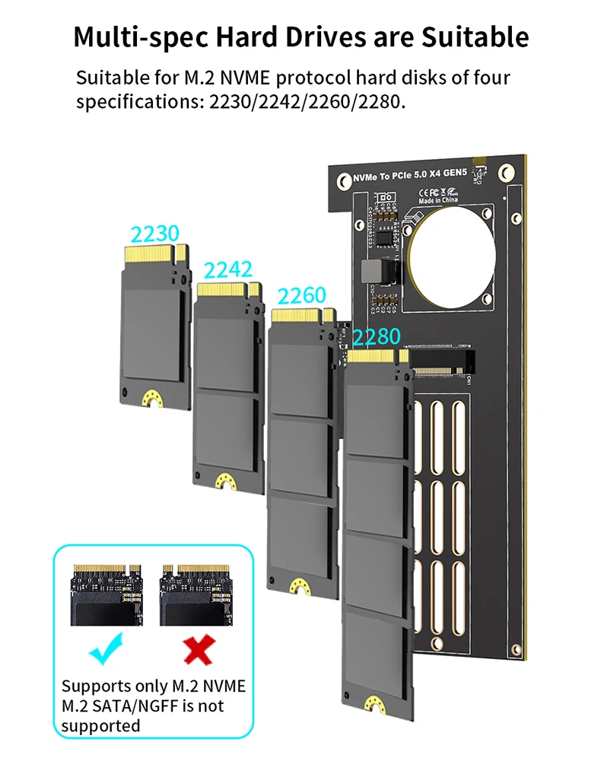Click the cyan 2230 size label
tap(154, 234)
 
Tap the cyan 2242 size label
tap(227, 269)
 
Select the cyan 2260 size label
tap(301, 295)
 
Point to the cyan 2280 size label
tap(376, 336)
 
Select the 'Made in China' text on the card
tap(437, 201)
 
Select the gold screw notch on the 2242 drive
tap(226, 481)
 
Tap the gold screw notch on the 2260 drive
tap(300, 584)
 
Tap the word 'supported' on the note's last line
tap(100, 725)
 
